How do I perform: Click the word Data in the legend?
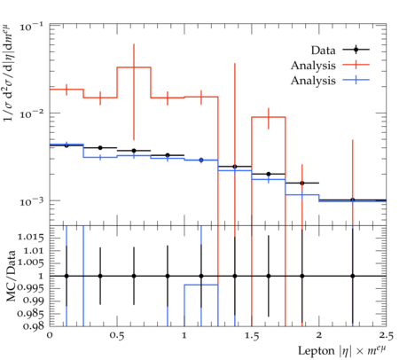point(323,51)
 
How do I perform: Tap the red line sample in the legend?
point(356,65)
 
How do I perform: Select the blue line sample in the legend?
point(356,80)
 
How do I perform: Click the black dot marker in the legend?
point(356,50)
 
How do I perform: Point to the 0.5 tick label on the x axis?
point(117,336)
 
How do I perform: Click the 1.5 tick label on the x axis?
point(252,336)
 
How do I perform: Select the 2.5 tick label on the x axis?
point(386,336)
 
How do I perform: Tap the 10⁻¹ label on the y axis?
point(31,27)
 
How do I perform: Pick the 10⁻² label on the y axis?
point(31,113)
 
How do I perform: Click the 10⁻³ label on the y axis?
point(31,201)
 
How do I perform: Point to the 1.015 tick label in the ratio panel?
point(31,238)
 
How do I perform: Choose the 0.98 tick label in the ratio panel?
point(34,326)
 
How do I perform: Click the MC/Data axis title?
point(11,276)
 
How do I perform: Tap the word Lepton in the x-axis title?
point(317,351)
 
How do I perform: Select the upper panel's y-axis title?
point(10,73)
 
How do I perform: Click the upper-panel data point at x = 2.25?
point(352,200)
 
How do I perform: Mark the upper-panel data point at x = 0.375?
point(100,148)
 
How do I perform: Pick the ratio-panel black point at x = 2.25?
point(352,276)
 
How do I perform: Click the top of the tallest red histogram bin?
point(134,67)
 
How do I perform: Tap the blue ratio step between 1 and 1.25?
point(201,285)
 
